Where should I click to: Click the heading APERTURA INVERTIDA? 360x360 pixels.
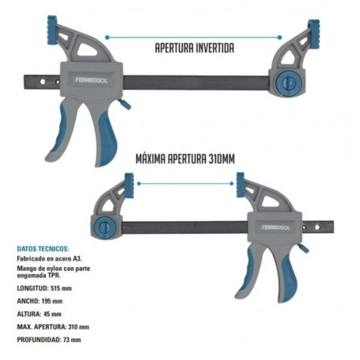pyautogui.click(x=195, y=48)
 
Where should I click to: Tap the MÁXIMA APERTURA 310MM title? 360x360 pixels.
pyautogui.click(x=185, y=159)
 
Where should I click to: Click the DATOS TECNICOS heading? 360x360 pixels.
pyautogui.click(x=43, y=249)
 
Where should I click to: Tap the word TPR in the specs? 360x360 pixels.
pyautogui.click(x=54, y=275)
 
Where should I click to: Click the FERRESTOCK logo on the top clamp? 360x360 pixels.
pyautogui.click(x=91, y=81)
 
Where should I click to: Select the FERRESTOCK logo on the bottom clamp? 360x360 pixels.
pyautogui.click(x=275, y=227)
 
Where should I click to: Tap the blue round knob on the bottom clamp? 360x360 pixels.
pyautogui.click(x=104, y=228)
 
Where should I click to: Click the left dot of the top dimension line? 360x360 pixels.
pyautogui.click(x=107, y=38)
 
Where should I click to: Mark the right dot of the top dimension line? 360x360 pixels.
pyautogui.click(x=279, y=38)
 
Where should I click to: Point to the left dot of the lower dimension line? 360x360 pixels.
pyautogui.click(x=139, y=184)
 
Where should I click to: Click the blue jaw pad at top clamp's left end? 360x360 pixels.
pyautogui.click(x=52, y=30)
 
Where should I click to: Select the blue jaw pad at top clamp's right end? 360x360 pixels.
pyautogui.click(x=315, y=34)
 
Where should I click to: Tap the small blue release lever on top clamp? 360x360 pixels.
pyautogui.click(x=125, y=104)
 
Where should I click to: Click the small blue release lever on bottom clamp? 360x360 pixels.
pyautogui.click(x=304, y=249)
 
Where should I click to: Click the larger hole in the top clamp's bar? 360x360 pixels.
pyautogui.click(x=42, y=82)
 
